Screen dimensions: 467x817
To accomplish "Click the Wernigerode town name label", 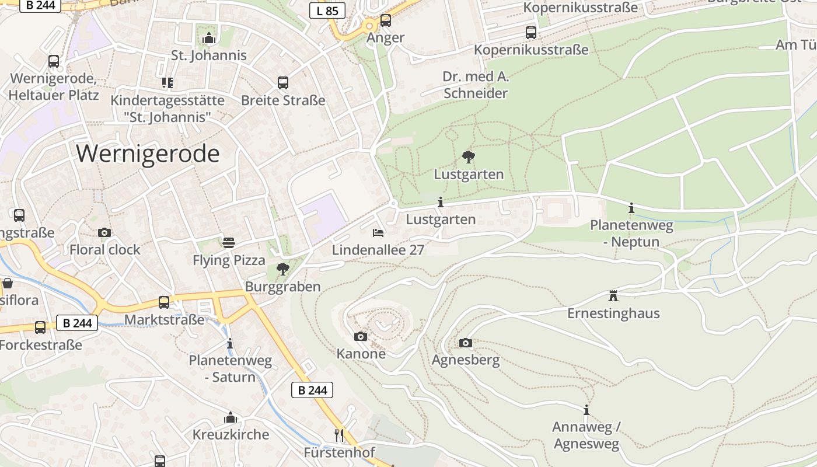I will (x=148, y=154).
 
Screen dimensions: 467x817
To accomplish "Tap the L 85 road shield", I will (x=327, y=11).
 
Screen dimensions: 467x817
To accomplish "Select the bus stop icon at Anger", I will (x=386, y=20).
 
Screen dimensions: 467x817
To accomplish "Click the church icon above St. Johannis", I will (x=209, y=39).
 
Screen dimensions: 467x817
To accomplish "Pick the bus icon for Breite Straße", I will (x=283, y=83).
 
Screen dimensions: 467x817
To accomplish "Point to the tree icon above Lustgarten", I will (x=468, y=156).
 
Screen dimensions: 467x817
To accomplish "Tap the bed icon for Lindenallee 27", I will (x=378, y=232).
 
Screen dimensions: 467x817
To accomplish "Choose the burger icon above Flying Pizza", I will (x=229, y=242).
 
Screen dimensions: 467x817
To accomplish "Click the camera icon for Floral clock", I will (x=104, y=232).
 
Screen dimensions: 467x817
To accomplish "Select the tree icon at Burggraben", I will (x=283, y=269).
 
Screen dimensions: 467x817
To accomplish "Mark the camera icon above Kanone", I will (x=361, y=336).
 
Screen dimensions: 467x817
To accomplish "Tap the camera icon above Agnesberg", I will (x=465, y=343).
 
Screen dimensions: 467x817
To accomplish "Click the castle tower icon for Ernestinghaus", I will (x=613, y=295).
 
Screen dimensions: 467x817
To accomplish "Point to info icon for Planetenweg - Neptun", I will (x=631, y=208).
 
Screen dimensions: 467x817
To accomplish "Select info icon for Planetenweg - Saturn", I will (x=230, y=343).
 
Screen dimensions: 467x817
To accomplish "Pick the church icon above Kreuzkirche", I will (x=231, y=417).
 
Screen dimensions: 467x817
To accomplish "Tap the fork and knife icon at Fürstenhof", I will (x=339, y=435).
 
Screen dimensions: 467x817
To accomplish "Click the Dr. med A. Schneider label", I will (x=476, y=85).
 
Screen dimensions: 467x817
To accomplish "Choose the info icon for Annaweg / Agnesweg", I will (x=586, y=410).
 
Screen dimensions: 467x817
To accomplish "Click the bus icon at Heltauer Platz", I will (x=54, y=61).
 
